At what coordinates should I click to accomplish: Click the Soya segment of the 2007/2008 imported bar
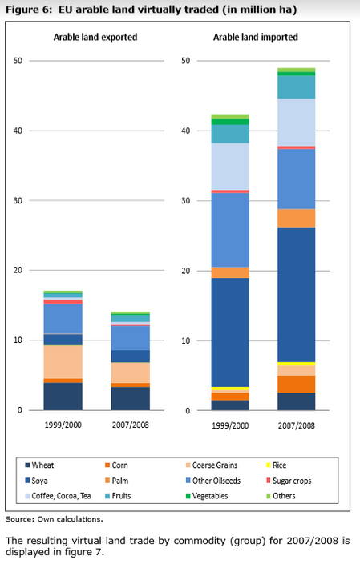click(297, 295)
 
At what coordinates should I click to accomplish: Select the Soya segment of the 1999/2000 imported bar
click(230, 332)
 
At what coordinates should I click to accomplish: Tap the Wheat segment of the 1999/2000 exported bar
click(63, 397)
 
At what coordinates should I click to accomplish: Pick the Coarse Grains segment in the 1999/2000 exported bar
click(63, 362)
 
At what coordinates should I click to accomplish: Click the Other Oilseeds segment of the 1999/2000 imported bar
click(230, 230)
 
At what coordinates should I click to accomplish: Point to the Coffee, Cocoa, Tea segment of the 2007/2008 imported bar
click(297, 123)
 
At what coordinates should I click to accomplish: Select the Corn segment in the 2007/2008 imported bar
click(297, 385)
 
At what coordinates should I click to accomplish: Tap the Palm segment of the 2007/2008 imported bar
click(297, 218)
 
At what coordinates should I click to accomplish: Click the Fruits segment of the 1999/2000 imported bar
click(230, 134)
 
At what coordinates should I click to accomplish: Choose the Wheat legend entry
click(39, 465)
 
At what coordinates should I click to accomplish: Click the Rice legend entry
click(276, 465)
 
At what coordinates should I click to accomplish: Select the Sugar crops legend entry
click(289, 481)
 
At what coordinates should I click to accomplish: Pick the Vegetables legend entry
click(207, 496)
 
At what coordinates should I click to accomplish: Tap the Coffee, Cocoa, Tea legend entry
click(58, 496)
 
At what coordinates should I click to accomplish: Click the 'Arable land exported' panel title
click(95, 37)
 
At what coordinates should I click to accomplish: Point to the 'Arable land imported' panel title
click(256, 37)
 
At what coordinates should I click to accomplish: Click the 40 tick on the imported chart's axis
click(185, 131)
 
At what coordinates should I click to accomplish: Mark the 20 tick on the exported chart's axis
click(18, 270)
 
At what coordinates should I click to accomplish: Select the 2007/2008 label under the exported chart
click(131, 425)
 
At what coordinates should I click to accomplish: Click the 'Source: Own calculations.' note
click(54, 519)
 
